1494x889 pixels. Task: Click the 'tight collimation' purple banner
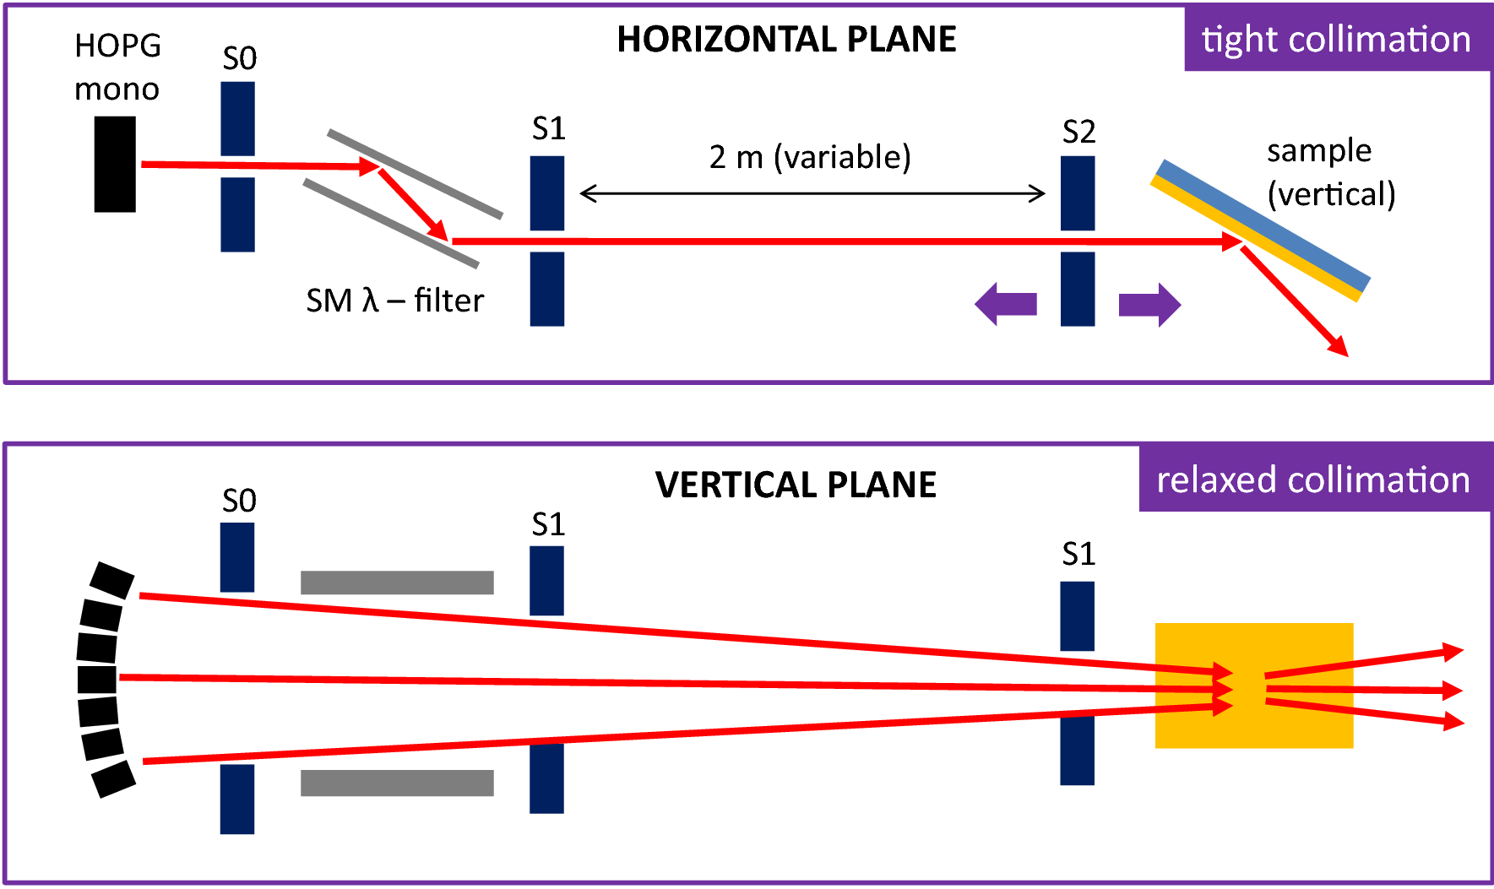click(x=1336, y=40)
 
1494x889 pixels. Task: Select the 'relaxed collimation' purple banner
click(x=1313, y=480)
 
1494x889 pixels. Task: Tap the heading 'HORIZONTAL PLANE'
click(x=786, y=40)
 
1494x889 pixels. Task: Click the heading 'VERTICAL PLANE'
click(x=796, y=485)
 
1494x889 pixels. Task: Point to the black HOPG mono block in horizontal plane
click(x=115, y=164)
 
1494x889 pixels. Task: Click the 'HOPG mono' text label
click(x=117, y=68)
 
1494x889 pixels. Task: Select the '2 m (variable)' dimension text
click(x=810, y=157)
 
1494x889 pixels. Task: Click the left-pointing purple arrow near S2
click(x=1006, y=304)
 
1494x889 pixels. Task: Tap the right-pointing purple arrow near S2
click(x=1149, y=304)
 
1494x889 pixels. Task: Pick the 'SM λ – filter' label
click(x=394, y=301)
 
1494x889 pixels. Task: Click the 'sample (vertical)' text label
click(x=1330, y=172)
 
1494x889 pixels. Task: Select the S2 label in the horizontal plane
click(x=1078, y=132)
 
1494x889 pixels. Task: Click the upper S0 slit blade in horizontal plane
click(x=238, y=118)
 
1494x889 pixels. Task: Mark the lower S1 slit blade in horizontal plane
click(x=547, y=289)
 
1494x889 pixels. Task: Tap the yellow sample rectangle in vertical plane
click(x=1254, y=686)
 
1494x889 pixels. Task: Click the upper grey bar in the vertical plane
click(x=397, y=583)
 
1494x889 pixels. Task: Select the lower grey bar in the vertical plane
click(x=397, y=783)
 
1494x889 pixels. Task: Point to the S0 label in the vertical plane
click(x=239, y=501)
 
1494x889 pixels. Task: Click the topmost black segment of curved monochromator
click(x=112, y=580)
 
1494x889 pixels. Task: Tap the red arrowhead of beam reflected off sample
click(x=1339, y=347)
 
